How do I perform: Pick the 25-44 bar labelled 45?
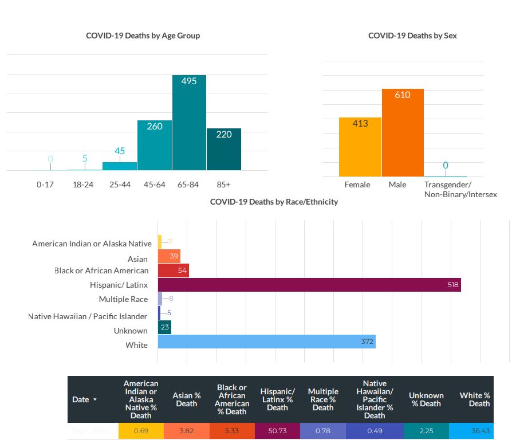(x=120, y=166)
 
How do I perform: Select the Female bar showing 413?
(x=360, y=147)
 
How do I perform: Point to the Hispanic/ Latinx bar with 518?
(x=309, y=285)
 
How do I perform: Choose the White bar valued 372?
(x=266, y=342)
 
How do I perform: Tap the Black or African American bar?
(x=174, y=270)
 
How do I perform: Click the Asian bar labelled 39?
(x=170, y=256)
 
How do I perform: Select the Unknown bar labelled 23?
(x=164, y=327)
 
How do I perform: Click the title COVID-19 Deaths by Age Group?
(x=143, y=36)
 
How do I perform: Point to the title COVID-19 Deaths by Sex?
(x=412, y=36)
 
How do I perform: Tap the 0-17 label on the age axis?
(x=45, y=185)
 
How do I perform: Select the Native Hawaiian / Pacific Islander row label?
(x=88, y=316)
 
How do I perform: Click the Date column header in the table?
(x=84, y=399)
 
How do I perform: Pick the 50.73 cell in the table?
(x=277, y=430)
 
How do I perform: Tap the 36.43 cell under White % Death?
(x=479, y=430)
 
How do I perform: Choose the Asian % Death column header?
(x=187, y=399)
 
